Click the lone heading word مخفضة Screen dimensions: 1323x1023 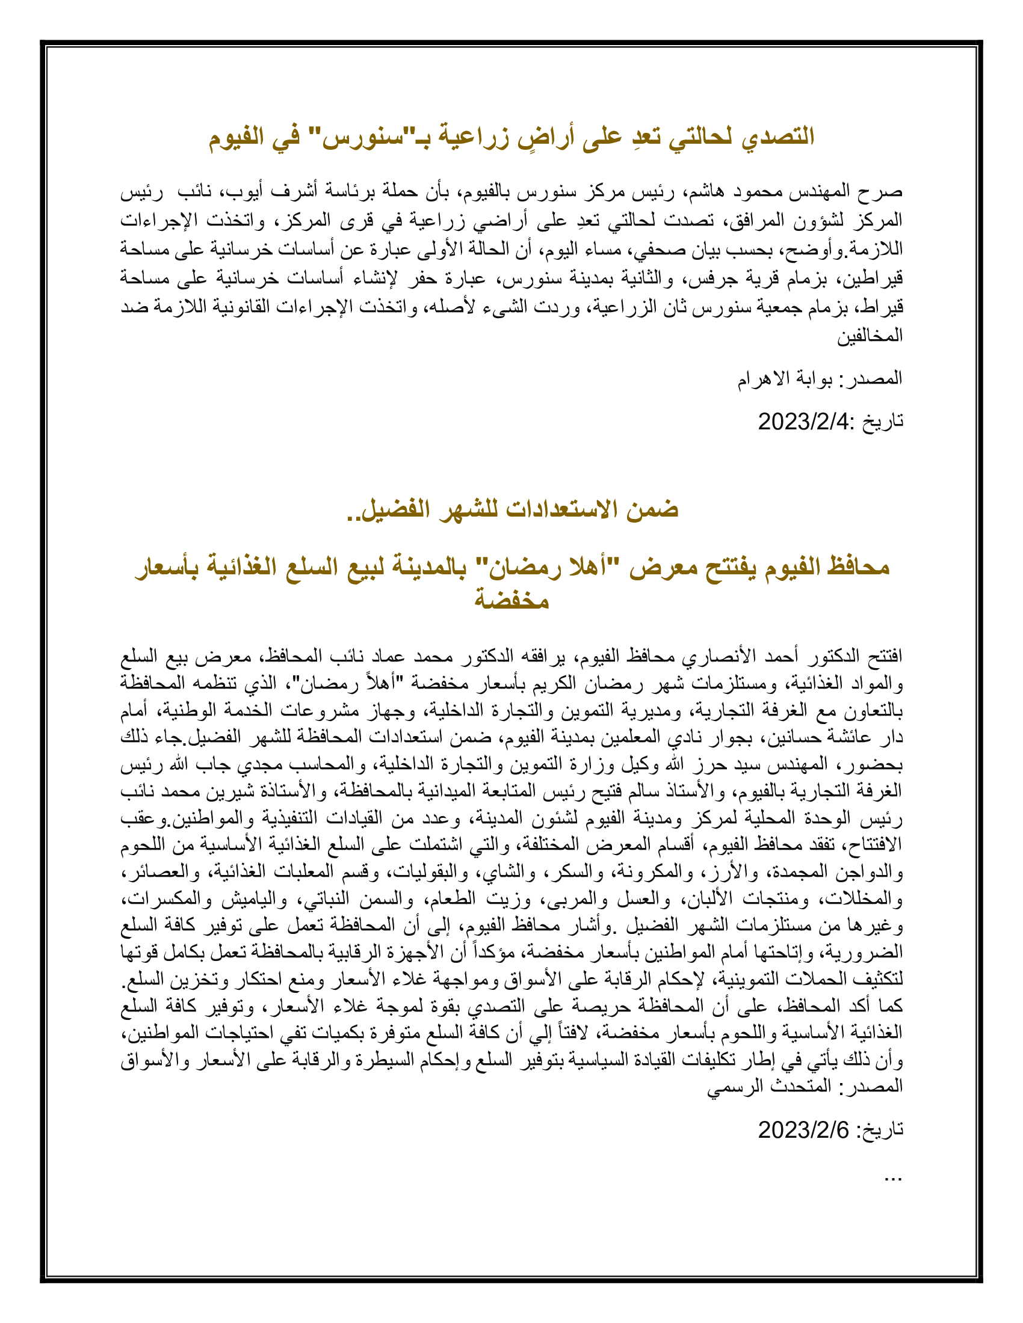512,599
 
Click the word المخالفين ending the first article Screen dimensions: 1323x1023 870,336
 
